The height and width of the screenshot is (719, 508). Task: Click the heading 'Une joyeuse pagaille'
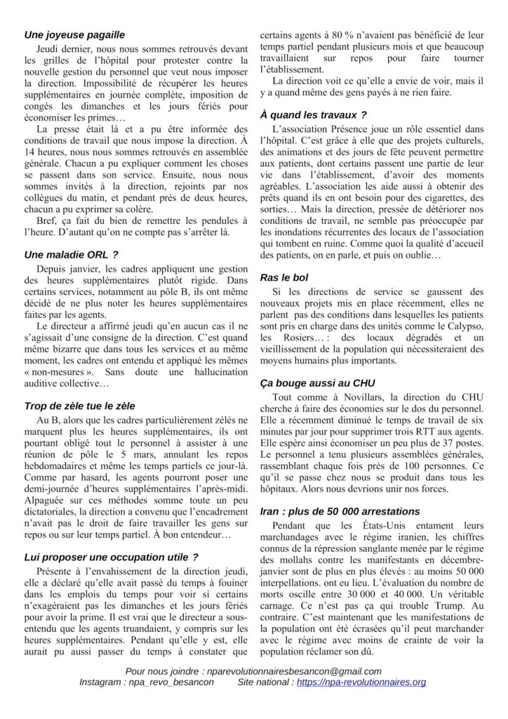(74, 34)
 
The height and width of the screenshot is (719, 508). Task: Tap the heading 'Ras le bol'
(283, 277)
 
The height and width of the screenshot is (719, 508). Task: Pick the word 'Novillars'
(342, 397)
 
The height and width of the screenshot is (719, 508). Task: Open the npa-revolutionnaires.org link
(361, 682)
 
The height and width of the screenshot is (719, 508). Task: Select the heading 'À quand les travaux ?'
(313, 114)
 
